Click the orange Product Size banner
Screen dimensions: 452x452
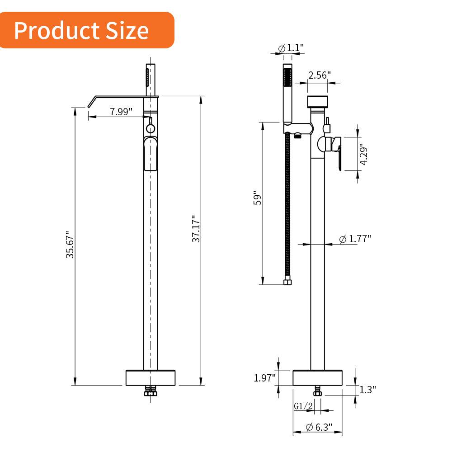[x=86, y=30]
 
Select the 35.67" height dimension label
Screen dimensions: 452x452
[x=71, y=245]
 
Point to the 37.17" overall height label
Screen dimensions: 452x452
[x=196, y=229]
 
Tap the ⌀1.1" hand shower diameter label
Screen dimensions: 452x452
[x=291, y=47]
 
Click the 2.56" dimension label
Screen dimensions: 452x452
[x=320, y=75]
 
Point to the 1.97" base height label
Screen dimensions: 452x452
[x=264, y=377]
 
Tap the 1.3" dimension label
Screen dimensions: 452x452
[x=368, y=389]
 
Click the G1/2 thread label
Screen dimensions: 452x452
[x=303, y=406]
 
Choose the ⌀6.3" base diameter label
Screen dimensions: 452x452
[x=319, y=426]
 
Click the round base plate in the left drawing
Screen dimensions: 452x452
[x=150, y=377]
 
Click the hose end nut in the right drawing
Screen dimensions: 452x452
[x=287, y=282]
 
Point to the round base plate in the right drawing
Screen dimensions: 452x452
[x=317, y=377]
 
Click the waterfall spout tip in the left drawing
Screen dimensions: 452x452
[x=91, y=103]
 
